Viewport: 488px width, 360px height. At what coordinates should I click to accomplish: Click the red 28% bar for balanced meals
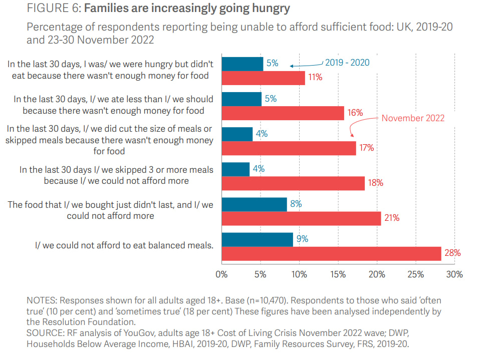pyautogui.click(x=331, y=253)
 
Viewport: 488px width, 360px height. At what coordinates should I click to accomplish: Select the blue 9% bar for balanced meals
pyautogui.click(x=257, y=239)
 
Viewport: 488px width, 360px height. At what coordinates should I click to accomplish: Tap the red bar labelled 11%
pyautogui.click(x=263, y=78)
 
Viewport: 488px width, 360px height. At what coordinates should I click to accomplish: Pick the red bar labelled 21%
pyautogui.click(x=301, y=218)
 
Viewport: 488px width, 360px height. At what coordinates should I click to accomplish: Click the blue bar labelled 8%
pyautogui.click(x=254, y=204)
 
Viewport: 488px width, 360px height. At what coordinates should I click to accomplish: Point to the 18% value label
pyautogui.click(x=375, y=183)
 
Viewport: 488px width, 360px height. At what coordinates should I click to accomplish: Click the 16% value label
pyautogui.click(x=355, y=113)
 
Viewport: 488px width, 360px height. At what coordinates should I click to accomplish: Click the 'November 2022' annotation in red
pyautogui.click(x=413, y=118)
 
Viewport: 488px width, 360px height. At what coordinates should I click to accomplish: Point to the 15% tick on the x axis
pyautogui.click(x=338, y=274)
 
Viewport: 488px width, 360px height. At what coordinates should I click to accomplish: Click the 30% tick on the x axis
pyautogui.click(x=454, y=274)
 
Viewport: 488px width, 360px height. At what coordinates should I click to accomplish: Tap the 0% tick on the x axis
pyautogui.click(x=221, y=274)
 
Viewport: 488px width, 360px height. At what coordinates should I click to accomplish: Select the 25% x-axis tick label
pyautogui.click(x=416, y=274)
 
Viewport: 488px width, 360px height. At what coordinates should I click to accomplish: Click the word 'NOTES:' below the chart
pyautogui.click(x=42, y=300)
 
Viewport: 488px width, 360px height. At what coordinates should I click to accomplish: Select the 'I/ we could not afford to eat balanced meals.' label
pyautogui.click(x=124, y=245)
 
